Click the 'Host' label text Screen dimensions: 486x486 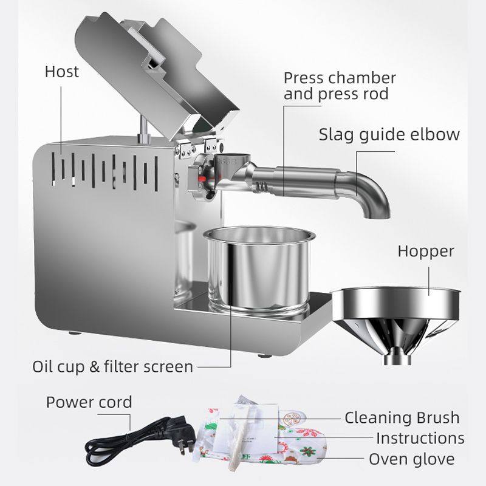coord(61,72)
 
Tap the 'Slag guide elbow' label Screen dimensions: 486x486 coord(389,134)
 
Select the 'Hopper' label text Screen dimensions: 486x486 coord(425,252)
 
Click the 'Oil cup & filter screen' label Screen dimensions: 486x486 coord(112,366)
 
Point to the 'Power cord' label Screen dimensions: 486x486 coord(89,402)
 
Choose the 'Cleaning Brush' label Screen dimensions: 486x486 coord(402,417)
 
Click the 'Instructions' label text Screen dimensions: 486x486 coord(420,438)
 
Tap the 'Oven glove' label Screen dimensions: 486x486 coord(411,459)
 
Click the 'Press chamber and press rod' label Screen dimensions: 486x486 coord(340,86)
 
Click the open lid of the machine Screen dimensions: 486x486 coord(158,73)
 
